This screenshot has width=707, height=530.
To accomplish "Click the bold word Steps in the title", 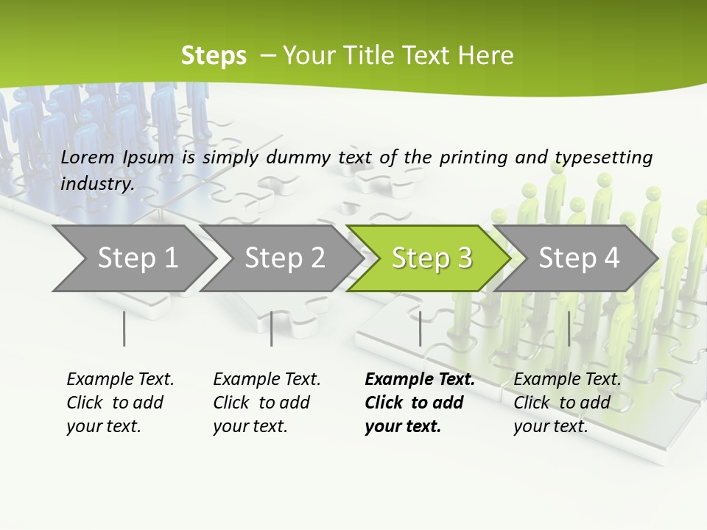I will pyautogui.click(x=214, y=56).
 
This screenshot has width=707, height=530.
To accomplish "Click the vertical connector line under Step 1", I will pyautogui.click(x=124, y=328).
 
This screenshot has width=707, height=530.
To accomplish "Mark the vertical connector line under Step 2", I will pyautogui.click(x=272, y=328).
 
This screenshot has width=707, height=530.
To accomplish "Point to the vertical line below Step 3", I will pyautogui.click(x=420, y=328).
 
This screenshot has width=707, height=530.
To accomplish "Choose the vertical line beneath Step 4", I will pyautogui.click(x=569, y=328).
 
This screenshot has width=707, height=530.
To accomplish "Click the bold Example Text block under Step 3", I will pyautogui.click(x=420, y=403).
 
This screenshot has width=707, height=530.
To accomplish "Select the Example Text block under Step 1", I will pyautogui.click(x=120, y=403).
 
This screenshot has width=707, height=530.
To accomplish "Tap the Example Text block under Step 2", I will pyautogui.click(x=267, y=403).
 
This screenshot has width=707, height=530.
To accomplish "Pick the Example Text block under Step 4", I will pyautogui.click(x=567, y=403).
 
